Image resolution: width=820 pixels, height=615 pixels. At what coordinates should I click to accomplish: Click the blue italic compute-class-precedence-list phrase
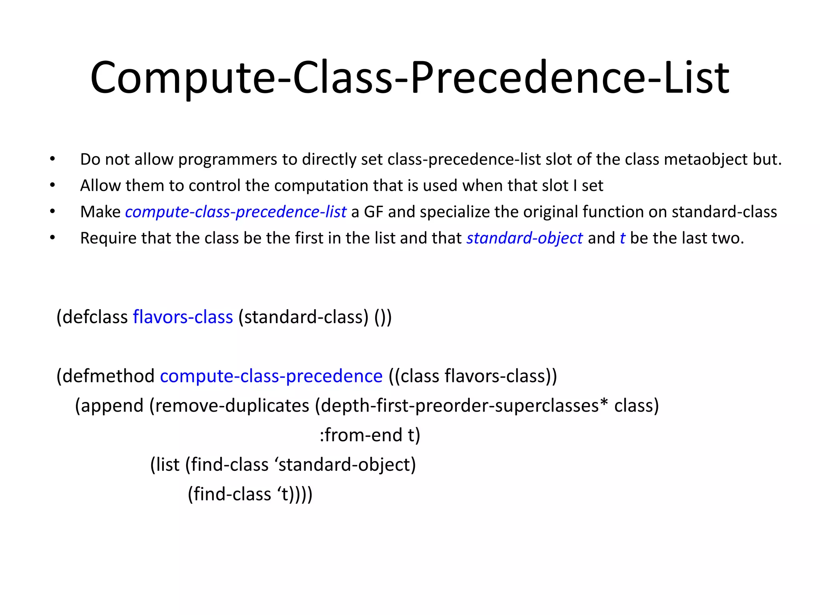(235, 212)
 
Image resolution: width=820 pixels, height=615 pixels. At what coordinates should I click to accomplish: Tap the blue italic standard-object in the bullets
(525, 238)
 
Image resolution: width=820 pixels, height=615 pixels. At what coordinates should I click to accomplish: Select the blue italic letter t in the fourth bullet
(622, 238)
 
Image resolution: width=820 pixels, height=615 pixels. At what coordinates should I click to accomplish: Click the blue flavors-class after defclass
(183, 317)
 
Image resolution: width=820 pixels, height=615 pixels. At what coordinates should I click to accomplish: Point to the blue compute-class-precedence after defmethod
(271, 376)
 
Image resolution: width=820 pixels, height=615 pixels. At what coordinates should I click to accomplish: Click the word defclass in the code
(94, 317)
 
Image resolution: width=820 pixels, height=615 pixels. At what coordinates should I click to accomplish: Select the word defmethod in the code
(108, 376)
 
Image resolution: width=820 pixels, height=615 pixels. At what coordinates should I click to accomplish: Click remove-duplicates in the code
(232, 406)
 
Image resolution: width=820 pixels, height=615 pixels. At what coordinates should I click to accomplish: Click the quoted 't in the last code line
(282, 494)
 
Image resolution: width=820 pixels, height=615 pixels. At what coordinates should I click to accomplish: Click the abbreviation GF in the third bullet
(373, 212)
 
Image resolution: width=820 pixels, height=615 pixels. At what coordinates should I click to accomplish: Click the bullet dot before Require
(52, 238)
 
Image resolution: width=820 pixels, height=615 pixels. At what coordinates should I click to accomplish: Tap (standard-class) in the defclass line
(303, 317)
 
